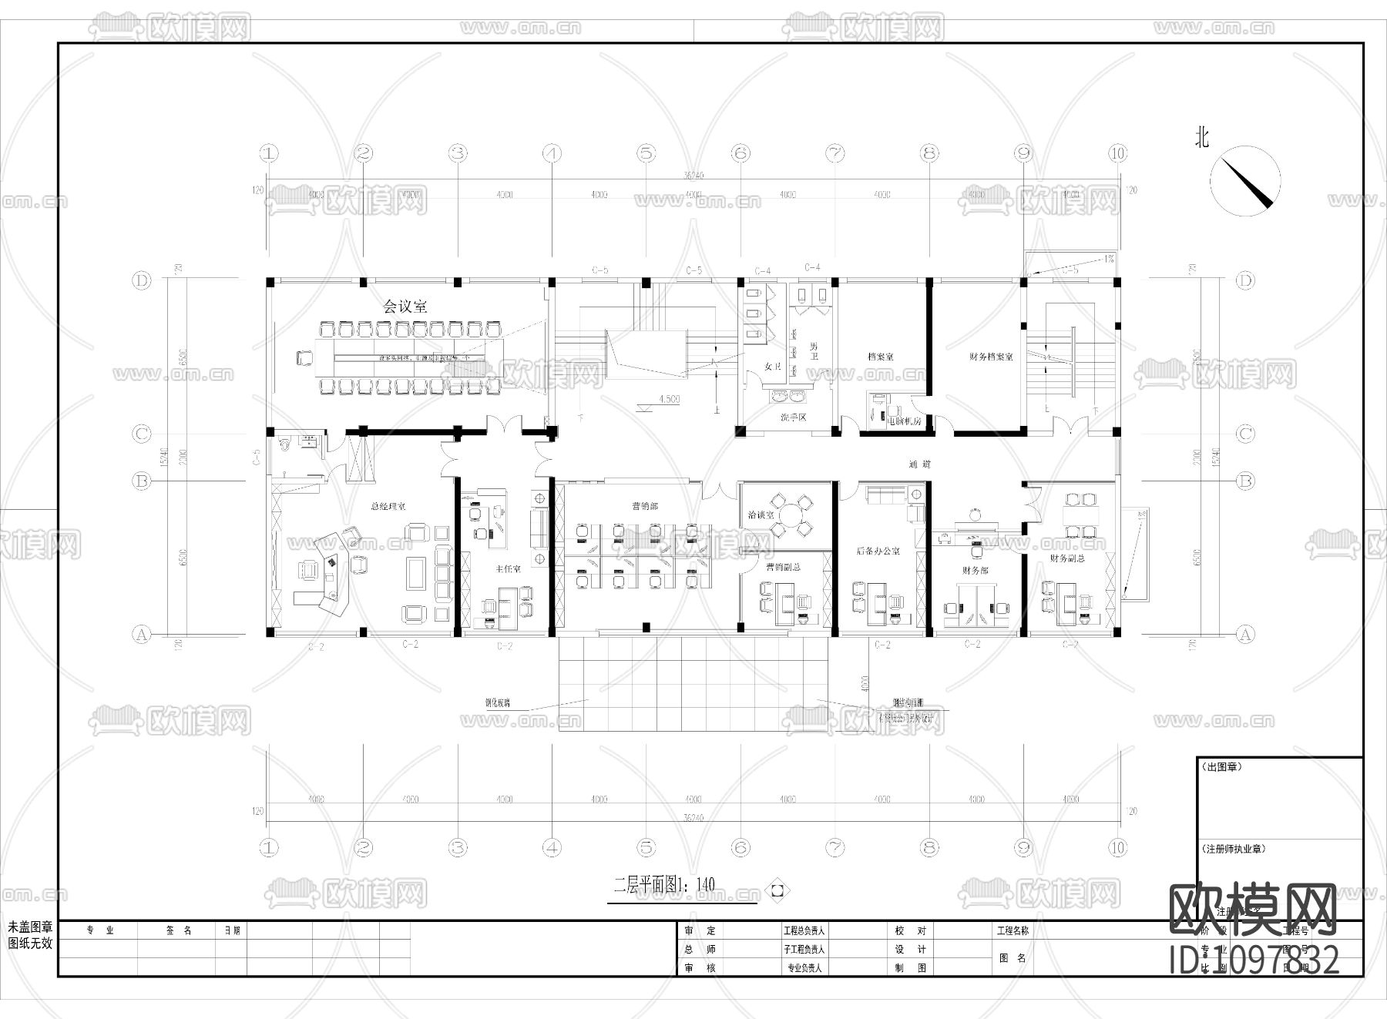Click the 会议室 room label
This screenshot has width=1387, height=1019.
point(405,306)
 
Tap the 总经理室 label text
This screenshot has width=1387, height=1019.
point(388,507)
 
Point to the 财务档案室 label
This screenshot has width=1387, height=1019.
point(991,357)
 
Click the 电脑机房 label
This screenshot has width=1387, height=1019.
point(905,421)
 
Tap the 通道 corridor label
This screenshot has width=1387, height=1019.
point(919,464)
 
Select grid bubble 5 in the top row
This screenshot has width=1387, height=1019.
point(646,153)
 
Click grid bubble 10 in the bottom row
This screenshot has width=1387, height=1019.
point(1117,848)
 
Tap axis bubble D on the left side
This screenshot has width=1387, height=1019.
point(141,280)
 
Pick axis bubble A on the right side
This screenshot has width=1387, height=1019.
point(1245,635)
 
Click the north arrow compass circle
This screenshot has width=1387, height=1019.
point(1244,182)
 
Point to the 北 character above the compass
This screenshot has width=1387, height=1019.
point(1201,138)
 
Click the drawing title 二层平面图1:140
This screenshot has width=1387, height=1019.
point(664,884)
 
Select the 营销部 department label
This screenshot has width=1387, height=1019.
point(644,506)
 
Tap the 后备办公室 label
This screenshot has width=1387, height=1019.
point(878,551)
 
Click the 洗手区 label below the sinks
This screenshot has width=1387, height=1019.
point(792,417)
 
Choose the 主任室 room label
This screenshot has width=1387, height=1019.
point(508,568)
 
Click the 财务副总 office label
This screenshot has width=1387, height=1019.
point(1066,558)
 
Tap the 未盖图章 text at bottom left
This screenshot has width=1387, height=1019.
point(30,929)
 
